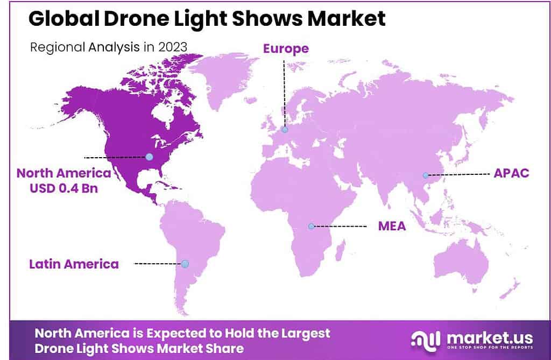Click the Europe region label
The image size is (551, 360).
coord(286,48)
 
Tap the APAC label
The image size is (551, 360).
coord(511,174)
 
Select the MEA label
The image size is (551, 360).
coord(392,226)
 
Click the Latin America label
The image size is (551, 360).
coord(74,264)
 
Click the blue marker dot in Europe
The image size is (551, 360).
coord(285,129)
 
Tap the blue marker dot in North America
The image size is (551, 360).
coord(150,157)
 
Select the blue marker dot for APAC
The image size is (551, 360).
coord(425,175)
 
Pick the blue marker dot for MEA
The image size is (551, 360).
coord(310,226)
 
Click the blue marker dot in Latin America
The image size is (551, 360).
coord(185,264)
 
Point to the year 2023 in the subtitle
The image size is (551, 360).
coord(173,46)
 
